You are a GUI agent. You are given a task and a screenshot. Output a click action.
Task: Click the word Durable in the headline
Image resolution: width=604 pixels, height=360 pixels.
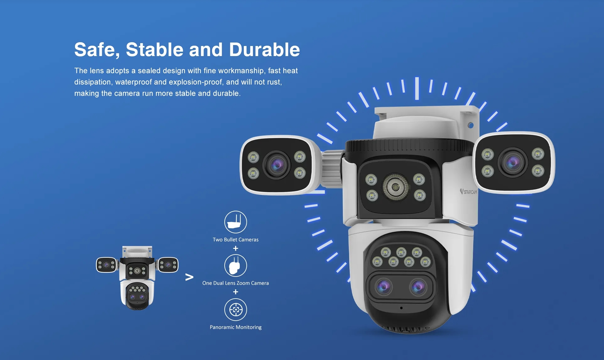click(264, 50)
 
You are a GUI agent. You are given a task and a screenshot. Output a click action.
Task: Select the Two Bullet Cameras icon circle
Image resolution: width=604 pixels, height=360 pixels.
click(235, 222)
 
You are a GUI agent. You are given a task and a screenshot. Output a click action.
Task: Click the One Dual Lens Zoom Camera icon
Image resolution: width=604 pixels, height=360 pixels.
click(235, 266)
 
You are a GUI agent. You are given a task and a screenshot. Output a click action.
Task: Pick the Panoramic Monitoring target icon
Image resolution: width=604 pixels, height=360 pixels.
click(235, 310)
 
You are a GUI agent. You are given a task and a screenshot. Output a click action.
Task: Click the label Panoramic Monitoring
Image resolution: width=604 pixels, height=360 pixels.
click(235, 327)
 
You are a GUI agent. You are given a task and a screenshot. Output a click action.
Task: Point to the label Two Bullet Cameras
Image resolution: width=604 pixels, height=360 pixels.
click(235, 240)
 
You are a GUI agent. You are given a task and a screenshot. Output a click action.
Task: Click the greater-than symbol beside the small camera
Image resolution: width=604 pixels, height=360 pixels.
click(189, 277)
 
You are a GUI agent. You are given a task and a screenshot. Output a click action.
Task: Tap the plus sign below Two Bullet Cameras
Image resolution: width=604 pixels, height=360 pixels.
click(235, 249)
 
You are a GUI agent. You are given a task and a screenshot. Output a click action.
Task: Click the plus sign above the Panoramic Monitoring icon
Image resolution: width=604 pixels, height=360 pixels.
click(235, 292)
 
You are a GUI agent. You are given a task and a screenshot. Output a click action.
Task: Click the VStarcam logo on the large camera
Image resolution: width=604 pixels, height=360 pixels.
click(469, 191)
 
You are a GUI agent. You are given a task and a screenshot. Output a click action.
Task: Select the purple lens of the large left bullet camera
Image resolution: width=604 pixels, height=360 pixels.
click(277, 165)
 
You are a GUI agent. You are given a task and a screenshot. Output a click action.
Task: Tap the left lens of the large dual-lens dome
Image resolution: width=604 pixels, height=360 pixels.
click(383, 287)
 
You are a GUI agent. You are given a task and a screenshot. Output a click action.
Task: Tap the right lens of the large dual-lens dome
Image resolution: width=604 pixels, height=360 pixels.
click(418, 287)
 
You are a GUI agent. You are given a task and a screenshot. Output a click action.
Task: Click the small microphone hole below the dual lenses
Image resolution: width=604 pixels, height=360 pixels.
click(401, 308)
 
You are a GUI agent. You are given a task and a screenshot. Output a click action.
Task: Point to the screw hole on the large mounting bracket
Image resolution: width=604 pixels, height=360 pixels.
click(471, 125)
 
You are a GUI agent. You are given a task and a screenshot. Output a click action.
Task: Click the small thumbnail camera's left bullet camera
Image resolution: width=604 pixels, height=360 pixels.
click(106, 265)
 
